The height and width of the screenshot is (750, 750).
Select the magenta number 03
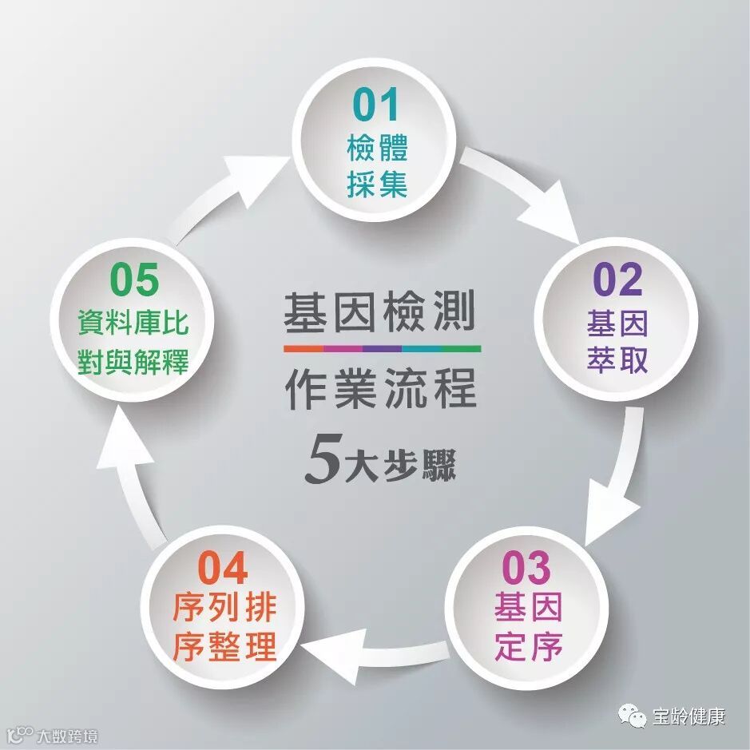point(526,568)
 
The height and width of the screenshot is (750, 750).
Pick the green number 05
point(134,280)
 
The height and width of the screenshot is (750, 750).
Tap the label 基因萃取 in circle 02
point(617,342)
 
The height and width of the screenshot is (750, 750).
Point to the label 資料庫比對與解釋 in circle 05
point(133,343)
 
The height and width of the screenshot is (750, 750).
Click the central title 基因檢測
point(381,313)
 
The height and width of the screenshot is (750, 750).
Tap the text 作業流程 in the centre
point(381,389)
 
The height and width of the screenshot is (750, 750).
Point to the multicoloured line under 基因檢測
point(382,349)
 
